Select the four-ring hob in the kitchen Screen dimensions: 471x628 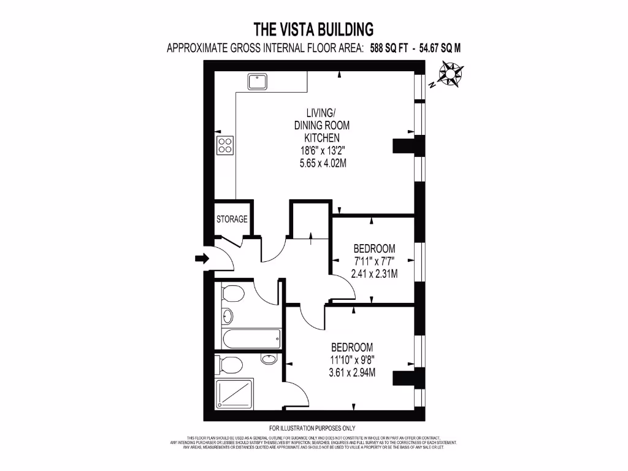point(224,144)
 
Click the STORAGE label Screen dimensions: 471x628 point(232,219)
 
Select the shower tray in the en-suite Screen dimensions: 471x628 point(234,393)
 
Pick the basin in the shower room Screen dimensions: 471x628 point(269,358)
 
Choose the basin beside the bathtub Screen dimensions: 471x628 point(227,316)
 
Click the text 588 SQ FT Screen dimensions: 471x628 point(391,49)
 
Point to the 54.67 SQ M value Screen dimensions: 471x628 point(440,49)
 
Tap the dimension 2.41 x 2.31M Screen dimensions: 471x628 point(374,274)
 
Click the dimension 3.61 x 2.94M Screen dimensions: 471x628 point(352,372)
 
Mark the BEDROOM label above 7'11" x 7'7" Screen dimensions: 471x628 point(374,248)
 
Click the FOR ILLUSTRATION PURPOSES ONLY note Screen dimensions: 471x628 point(312,428)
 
